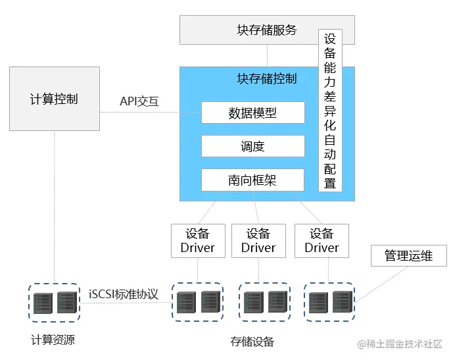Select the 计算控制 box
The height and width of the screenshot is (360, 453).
pos(55,99)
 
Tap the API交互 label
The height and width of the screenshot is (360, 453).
pos(139,102)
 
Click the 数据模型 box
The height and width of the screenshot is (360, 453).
pos(253,113)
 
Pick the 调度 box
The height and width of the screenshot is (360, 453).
pos(253,146)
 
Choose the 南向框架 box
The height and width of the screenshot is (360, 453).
pos(253,180)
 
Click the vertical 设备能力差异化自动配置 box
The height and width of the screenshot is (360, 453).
pos(330,110)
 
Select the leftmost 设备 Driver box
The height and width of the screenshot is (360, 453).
pos(198,241)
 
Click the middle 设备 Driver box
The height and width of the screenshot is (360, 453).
pos(258,241)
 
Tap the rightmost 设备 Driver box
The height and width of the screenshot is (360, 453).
pos(322,241)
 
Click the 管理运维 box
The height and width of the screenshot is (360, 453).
pos(409,256)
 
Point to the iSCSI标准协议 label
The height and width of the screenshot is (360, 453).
pos(124,294)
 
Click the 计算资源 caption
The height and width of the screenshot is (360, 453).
pos(53,340)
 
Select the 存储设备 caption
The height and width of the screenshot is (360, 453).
pos(252,342)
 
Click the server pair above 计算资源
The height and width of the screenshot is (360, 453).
pos(55,302)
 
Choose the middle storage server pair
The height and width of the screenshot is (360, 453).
pos(264,302)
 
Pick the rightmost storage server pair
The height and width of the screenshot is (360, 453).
pos(329,302)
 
